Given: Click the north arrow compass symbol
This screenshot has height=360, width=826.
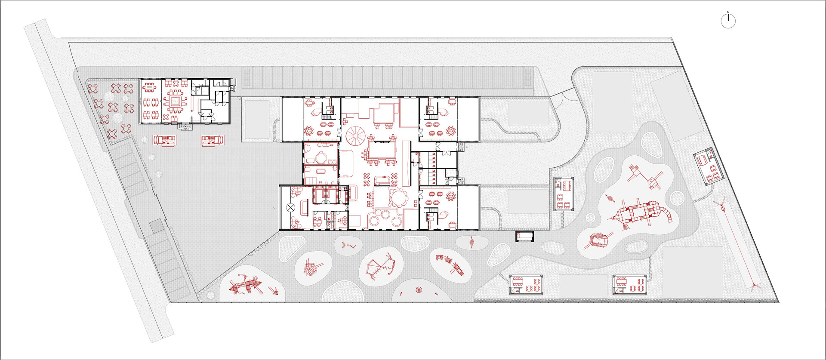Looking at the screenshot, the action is tap(728, 20).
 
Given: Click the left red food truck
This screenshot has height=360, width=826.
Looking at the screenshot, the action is tap(165, 141).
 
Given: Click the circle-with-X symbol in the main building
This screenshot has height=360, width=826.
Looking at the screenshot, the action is tap(291, 208).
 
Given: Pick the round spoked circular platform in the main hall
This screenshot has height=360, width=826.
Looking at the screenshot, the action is tap(356, 136).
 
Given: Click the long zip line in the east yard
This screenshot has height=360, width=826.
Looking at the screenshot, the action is tap(738, 247).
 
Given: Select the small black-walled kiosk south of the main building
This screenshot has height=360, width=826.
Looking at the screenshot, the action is tap(525, 236).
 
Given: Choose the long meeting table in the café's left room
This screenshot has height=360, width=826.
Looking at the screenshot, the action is tap(149, 88).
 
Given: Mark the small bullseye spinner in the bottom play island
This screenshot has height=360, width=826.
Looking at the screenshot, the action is tap(419, 290).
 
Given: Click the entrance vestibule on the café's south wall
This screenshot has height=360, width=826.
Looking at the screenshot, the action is tap(185, 126).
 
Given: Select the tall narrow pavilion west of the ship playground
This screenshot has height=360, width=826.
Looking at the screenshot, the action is tap(564, 194).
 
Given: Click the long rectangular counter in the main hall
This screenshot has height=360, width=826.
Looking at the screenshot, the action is tap(406, 163).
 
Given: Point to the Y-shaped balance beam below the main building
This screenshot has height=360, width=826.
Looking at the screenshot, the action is tap(348, 246).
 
